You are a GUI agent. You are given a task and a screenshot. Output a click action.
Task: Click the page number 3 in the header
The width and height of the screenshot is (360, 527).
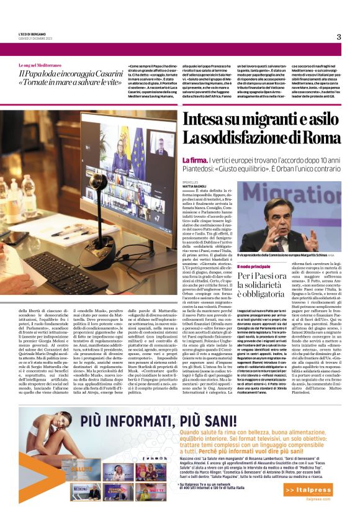pos(339,37)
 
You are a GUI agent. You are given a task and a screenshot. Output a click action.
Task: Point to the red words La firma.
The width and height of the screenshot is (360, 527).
pos(192,160)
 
